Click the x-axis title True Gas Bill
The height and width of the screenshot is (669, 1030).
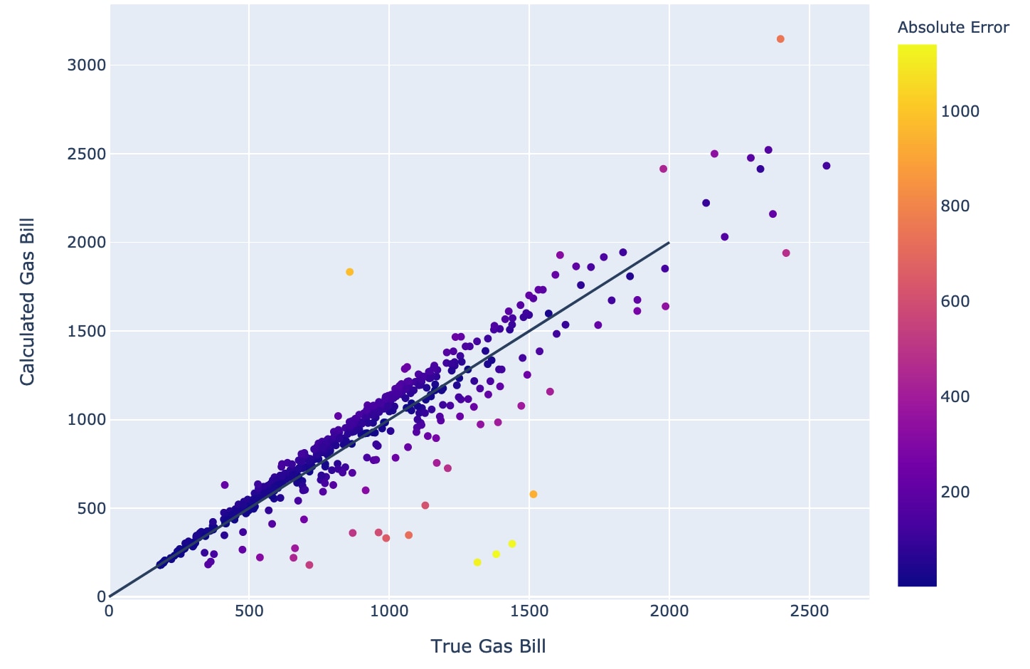pyautogui.click(x=488, y=646)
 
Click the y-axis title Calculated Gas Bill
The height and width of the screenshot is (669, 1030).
pyautogui.click(x=27, y=302)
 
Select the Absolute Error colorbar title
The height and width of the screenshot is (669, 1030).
pyautogui.click(x=952, y=28)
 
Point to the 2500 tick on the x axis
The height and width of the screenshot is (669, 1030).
pyautogui.click(x=809, y=611)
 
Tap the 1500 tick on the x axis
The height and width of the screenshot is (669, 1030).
pyautogui.click(x=529, y=611)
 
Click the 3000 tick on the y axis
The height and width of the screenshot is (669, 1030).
pyautogui.click(x=86, y=65)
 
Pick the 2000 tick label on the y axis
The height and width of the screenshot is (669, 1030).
pyautogui.click(x=86, y=243)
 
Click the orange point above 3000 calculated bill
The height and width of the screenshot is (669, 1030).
pyautogui.click(x=780, y=39)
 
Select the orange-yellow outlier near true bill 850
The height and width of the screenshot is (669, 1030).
pyautogui.click(x=349, y=272)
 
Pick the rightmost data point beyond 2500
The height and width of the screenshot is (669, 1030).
pyautogui.click(x=826, y=166)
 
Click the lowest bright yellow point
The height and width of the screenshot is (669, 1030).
pyautogui.click(x=477, y=562)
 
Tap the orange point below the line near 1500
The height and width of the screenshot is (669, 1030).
pyautogui.click(x=533, y=495)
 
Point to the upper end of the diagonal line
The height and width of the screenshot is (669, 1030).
pyautogui.click(x=669, y=243)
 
